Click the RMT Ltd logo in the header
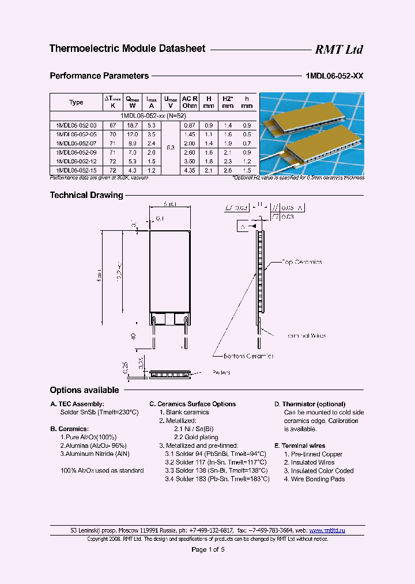338,50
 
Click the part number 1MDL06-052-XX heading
334,76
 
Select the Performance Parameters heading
99,76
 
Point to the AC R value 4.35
190,170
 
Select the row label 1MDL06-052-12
76,162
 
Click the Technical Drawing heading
86,195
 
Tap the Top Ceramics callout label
301,262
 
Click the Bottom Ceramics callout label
244,356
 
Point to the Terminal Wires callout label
306,335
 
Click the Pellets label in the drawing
221,372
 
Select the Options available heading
84,390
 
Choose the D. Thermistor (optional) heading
310,404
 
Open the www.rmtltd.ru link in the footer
327,530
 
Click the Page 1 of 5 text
207,549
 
